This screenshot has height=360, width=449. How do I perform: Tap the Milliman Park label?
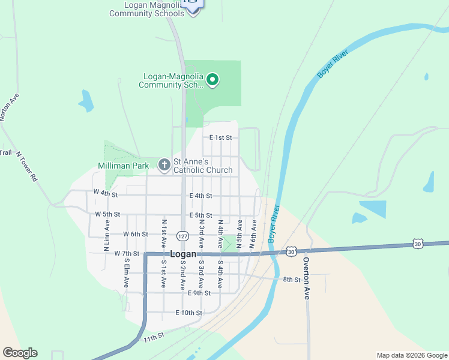123,166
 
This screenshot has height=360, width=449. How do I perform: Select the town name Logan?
184,254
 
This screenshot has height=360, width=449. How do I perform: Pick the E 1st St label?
220,137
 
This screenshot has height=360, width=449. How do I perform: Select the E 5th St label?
200,215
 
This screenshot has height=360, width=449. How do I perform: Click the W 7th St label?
127,254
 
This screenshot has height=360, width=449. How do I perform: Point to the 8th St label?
292,280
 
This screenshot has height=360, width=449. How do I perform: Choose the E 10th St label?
189,313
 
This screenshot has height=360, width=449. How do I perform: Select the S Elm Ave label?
126,274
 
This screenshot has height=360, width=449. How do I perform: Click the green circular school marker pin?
212,79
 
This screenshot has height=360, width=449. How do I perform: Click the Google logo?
20,353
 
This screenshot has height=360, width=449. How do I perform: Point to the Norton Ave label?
9,107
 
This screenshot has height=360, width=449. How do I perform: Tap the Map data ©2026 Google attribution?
411,355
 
